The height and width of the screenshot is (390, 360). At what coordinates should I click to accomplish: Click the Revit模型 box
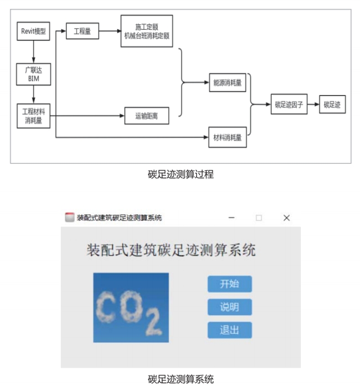(x=33, y=31)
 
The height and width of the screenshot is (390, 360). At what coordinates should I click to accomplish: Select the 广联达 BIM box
(x=33, y=74)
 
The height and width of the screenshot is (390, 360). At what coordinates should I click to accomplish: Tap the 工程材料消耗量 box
(x=33, y=115)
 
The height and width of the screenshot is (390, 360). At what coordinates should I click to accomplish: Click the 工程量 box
(x=82, y=31)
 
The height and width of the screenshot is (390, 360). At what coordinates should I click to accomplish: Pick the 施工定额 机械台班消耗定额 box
(x=147, y=31)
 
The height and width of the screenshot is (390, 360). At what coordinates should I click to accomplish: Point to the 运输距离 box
(x=146, y=116)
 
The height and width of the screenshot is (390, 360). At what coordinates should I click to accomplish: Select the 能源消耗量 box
(x=228, y=82)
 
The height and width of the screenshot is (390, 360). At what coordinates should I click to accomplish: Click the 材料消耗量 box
(x=228, y=137)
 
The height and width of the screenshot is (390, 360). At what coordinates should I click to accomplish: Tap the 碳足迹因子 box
(x=289, y=104)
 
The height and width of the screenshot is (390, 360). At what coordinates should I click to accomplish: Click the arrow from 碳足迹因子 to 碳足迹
(x=314, y=104)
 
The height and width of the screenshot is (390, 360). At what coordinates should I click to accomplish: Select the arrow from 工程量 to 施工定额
(x=110, y=31)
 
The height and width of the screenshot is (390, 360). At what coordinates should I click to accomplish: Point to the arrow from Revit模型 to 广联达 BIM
(x=33, y=52)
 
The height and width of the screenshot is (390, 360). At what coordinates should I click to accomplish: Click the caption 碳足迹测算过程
(x=180, y=174)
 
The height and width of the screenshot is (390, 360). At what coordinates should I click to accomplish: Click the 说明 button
(x=229, y=307)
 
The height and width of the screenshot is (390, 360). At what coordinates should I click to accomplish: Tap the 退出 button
(x=229, y=330)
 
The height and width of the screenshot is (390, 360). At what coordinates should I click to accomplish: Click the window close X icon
(x=286, y=217)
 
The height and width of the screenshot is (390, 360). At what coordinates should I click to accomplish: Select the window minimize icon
(x=231, y=217)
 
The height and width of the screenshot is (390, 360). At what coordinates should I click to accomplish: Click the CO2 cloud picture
(x=130, y=307)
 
